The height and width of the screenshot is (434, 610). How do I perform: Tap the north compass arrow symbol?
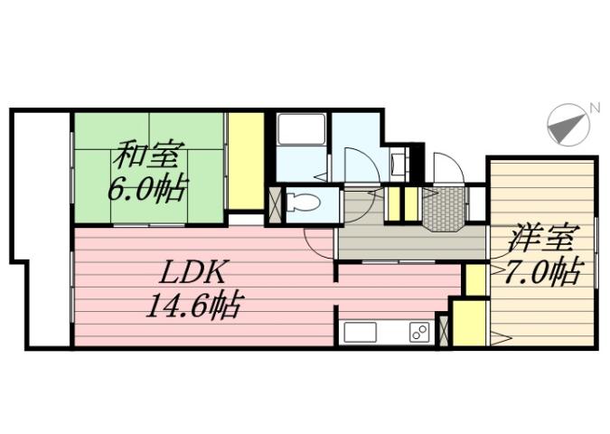click(x=568, y=127)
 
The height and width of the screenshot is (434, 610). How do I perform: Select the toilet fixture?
click(x=303, y=204)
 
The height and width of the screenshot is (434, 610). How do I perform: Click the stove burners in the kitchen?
click(x=418, y=332)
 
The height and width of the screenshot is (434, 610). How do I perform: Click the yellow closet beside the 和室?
click(x=244, y=160)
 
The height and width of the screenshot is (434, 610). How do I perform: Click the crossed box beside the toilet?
click(x=276, y=204)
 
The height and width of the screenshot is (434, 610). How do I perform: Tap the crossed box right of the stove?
click(x=442, y=330)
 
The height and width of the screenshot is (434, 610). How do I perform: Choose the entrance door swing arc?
click(x=448, y=170)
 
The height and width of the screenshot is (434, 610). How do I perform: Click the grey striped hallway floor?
click(x=410, y=241)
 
